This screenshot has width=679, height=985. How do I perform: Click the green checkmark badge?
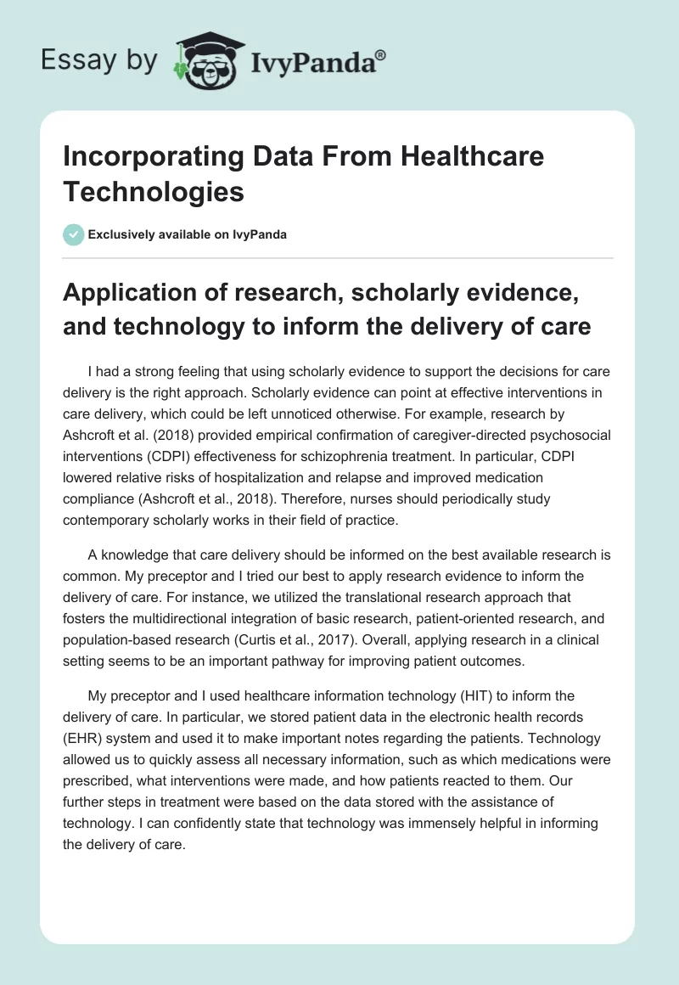point(74,234)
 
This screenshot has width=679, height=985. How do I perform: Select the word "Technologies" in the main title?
point(154,192)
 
